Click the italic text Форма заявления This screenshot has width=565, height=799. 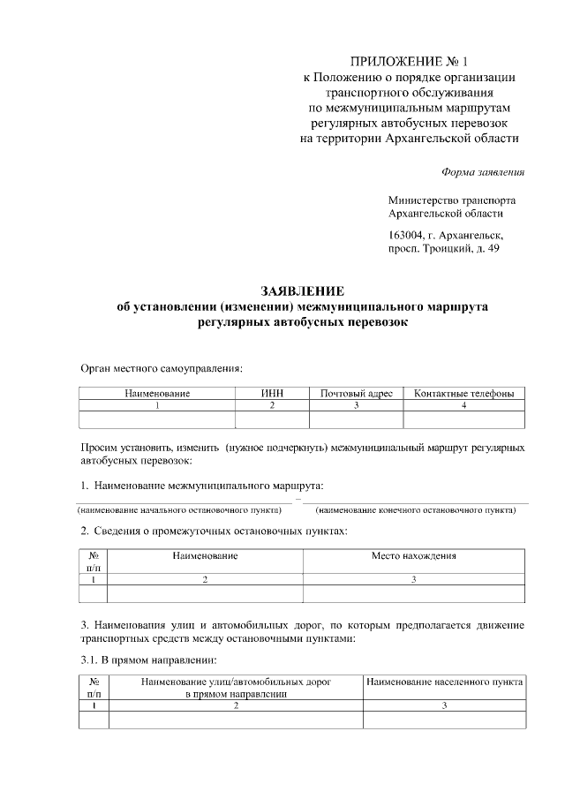pos(482,171)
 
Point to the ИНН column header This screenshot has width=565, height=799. pos(272,392)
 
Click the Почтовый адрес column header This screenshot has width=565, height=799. pos(356,392)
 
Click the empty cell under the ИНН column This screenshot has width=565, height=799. pos(272,419)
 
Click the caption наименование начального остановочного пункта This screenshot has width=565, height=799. pos(185,510)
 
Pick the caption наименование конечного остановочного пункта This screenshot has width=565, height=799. pos(416,510)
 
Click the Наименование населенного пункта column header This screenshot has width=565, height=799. pos(445,682)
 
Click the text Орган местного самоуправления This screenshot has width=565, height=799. pos(162,368)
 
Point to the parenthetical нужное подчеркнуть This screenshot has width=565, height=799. pos(277,447)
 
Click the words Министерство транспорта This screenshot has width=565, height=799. pos(452,200)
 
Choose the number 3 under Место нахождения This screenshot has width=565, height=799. pos(413,579)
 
